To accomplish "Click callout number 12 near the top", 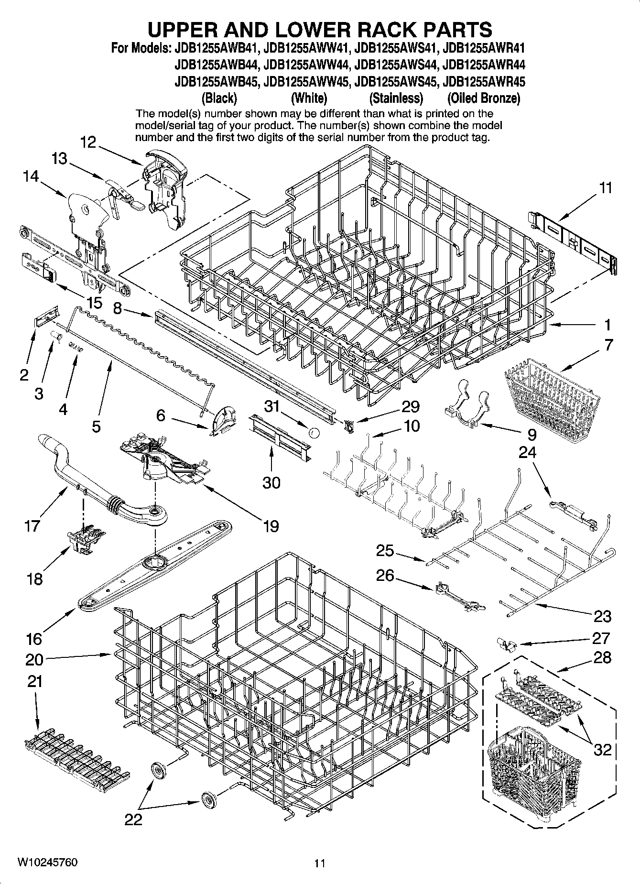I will (88, 142).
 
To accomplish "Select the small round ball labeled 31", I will (314, 433).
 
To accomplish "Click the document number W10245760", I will (47, 862).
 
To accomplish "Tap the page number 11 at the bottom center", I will (320, 863).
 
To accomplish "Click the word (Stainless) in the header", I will (396, 98).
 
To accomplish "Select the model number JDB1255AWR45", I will (484, 82).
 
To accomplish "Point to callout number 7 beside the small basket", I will (608, 345).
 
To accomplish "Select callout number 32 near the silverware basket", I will (602, 749).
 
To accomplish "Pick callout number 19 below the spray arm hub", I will (271, 526).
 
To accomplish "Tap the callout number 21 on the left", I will (35, 681).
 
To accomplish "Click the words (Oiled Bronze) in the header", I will (483, 98).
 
